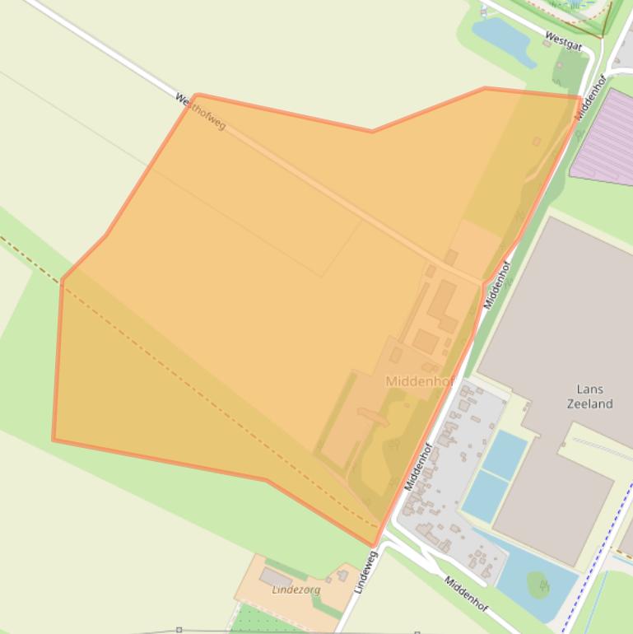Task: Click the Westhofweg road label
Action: [200, 111]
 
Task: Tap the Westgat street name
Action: [564, 40]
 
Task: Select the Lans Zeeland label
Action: [589, 396]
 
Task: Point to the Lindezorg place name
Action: [296, 590]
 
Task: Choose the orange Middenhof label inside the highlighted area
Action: [420, 381]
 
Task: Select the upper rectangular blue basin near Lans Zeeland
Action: [505, 455]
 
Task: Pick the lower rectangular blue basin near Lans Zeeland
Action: [485, 496]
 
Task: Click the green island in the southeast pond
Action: [539, 585]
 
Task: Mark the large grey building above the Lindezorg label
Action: [276, 577]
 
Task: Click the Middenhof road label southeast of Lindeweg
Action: [466, 594]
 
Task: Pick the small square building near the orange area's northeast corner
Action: [537, 142]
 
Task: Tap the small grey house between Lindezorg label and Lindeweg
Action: [342, 576]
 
